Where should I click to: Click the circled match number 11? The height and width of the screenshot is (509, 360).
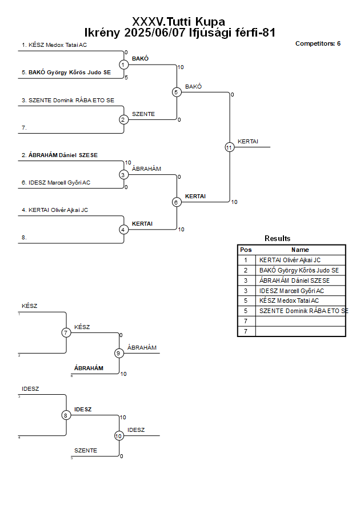tap(230, 147)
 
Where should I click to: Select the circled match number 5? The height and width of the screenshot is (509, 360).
tap(177, 92)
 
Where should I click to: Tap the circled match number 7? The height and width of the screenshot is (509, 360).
tap(66, 332)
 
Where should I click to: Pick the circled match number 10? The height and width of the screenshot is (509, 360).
tap(119, 436)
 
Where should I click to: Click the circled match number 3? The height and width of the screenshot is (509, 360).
tap(123, 175)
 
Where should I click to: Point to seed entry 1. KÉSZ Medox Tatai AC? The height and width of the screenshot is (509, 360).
tap(54, 45)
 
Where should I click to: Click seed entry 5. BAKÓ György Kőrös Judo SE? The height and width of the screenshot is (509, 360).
tap(66, 73)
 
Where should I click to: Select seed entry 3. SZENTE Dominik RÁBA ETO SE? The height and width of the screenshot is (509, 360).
tap(68, 101)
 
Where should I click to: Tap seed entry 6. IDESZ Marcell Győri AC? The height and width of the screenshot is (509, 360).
tap(56, 183)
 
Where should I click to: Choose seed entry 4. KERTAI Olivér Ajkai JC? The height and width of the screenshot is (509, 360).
tap(55, 210)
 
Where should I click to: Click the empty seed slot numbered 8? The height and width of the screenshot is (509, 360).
tap(24, 238)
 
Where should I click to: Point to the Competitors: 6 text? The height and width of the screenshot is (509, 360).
tap(318, 43)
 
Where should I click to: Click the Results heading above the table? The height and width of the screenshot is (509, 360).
tap(277, 238)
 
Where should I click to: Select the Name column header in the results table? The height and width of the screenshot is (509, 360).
tap(300, 250)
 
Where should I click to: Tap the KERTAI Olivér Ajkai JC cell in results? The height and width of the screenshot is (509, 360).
tap(290, 260)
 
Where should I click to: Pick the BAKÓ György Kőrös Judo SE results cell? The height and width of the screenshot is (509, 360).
tap(299, 270)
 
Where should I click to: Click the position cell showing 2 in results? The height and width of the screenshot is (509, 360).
tap(246, 270)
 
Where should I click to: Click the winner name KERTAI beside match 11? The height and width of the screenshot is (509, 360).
tap(248, 142)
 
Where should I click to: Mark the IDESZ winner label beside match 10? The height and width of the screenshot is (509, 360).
tap(136, 430)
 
